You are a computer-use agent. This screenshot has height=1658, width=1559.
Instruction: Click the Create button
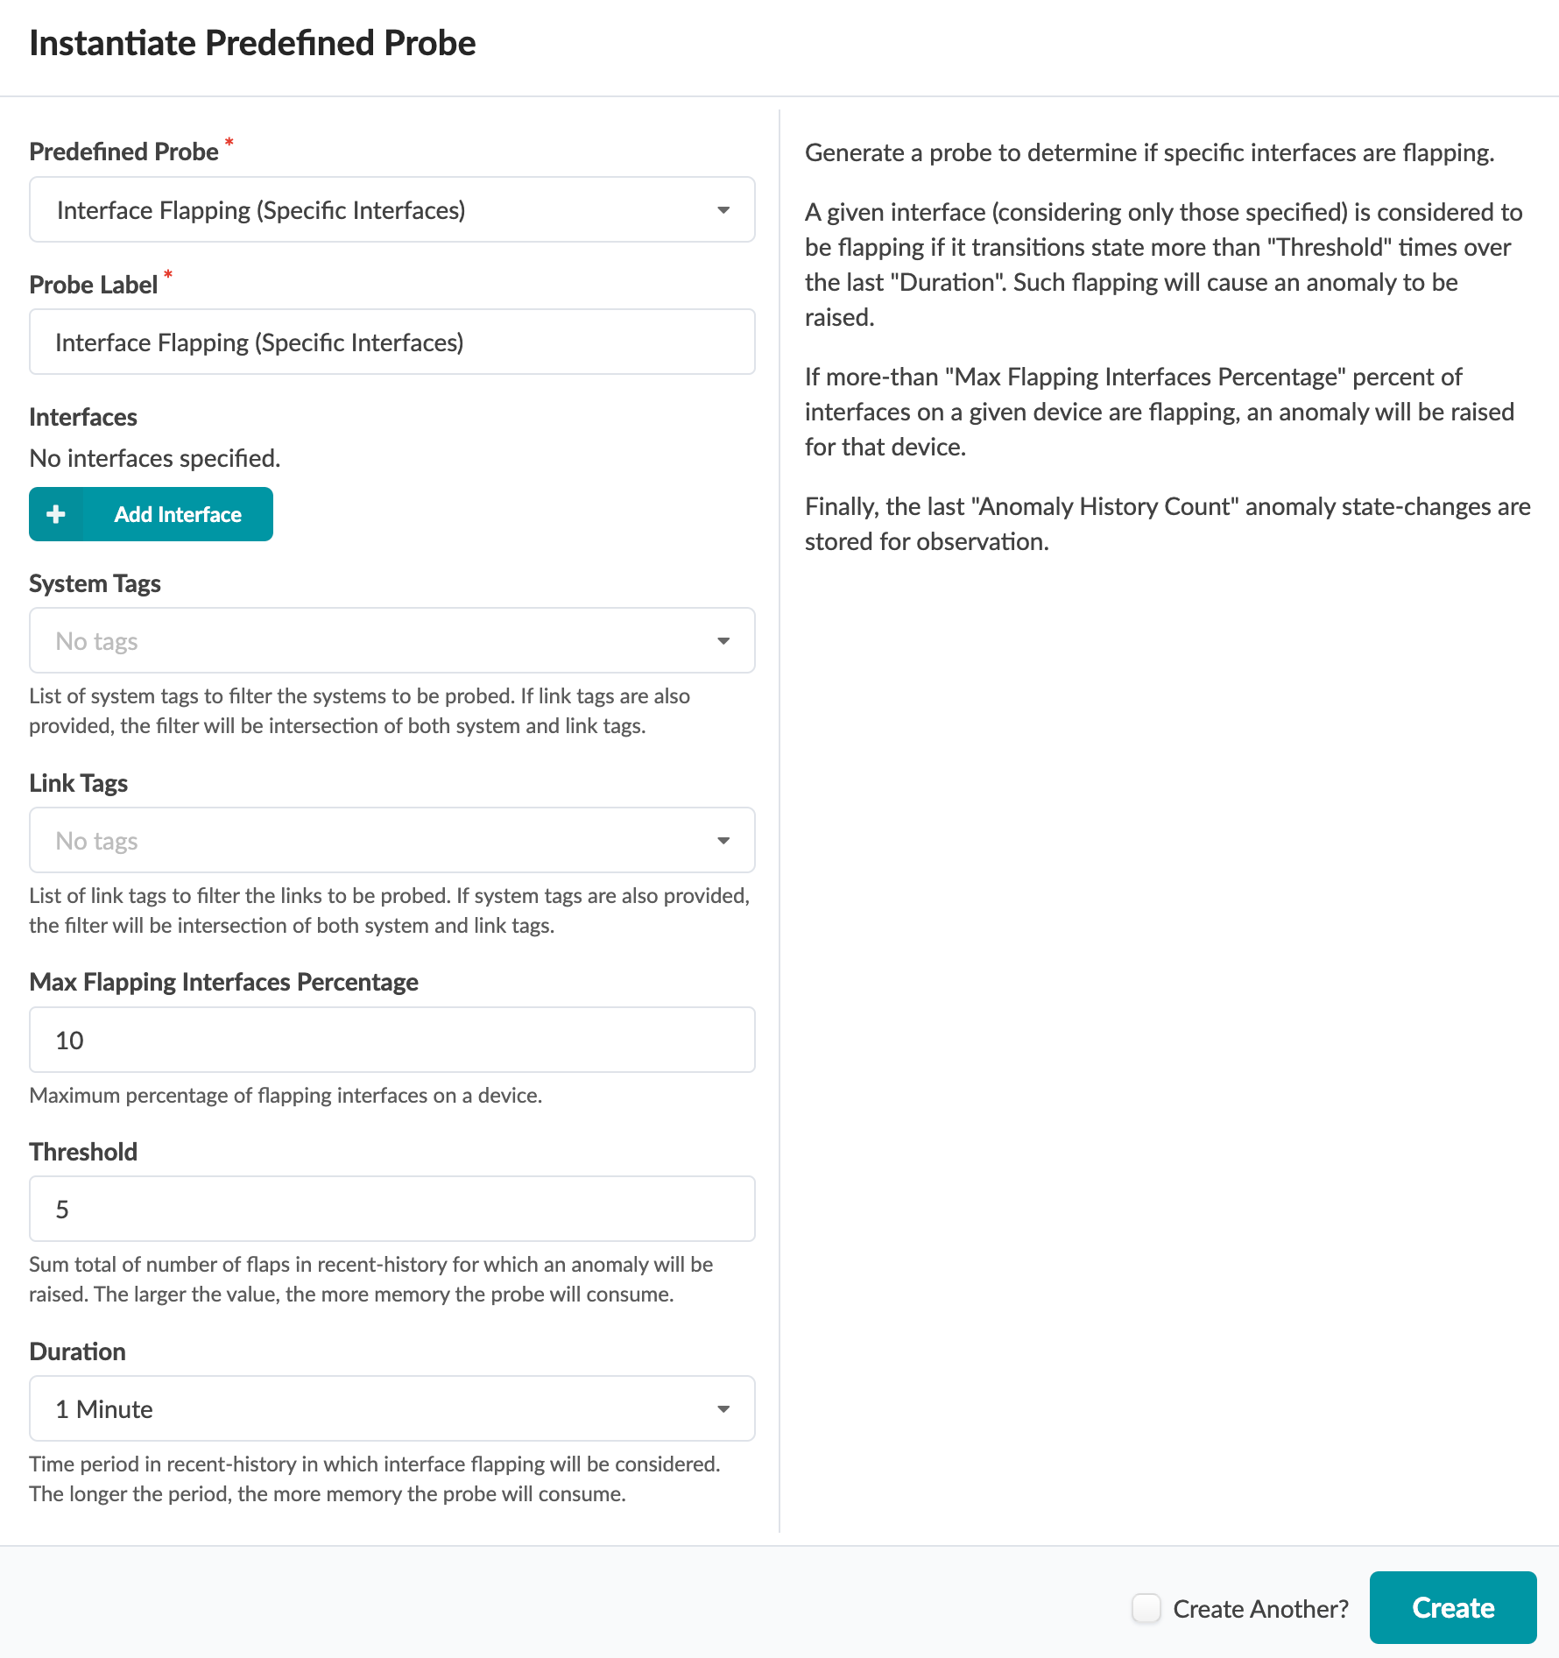(x=1452, y=1607)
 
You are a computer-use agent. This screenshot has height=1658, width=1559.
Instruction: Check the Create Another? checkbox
(x=1146, y=1608)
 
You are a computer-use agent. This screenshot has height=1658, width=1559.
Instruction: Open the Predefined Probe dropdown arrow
(x=723, y=210)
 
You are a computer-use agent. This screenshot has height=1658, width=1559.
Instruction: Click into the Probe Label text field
(x=392, y=342)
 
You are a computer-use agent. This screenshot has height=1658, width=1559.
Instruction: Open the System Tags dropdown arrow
(x=723, y=641)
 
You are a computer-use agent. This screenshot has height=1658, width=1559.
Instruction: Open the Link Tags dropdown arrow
(x=723, y=841)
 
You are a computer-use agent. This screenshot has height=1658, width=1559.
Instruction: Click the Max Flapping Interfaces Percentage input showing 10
(x=392, y=1041)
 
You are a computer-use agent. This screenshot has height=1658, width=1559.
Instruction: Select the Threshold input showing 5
(x=392, y=1210)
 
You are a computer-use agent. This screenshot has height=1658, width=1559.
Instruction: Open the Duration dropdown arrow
(x=723, y=1409)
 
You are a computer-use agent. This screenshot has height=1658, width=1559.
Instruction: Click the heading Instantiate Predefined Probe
(x=252, y=43)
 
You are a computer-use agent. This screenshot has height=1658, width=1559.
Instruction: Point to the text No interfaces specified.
(x=155, y=458)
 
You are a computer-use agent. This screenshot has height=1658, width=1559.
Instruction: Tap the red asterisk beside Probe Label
(x=168, y=275)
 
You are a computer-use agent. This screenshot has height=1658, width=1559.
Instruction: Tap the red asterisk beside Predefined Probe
(x=229, y=142)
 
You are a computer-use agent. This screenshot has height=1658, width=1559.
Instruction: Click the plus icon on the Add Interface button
(x=56, y=514)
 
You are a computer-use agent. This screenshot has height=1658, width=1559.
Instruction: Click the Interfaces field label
(x=83, y=417)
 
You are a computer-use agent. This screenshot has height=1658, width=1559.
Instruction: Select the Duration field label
(x=77, y=1351)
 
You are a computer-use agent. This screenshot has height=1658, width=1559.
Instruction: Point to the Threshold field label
(x=83, y=1152)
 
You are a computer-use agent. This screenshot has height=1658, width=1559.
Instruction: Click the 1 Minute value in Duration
(x=104, y=1409)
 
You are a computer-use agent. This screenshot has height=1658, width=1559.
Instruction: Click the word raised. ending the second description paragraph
(x=839, y=317)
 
